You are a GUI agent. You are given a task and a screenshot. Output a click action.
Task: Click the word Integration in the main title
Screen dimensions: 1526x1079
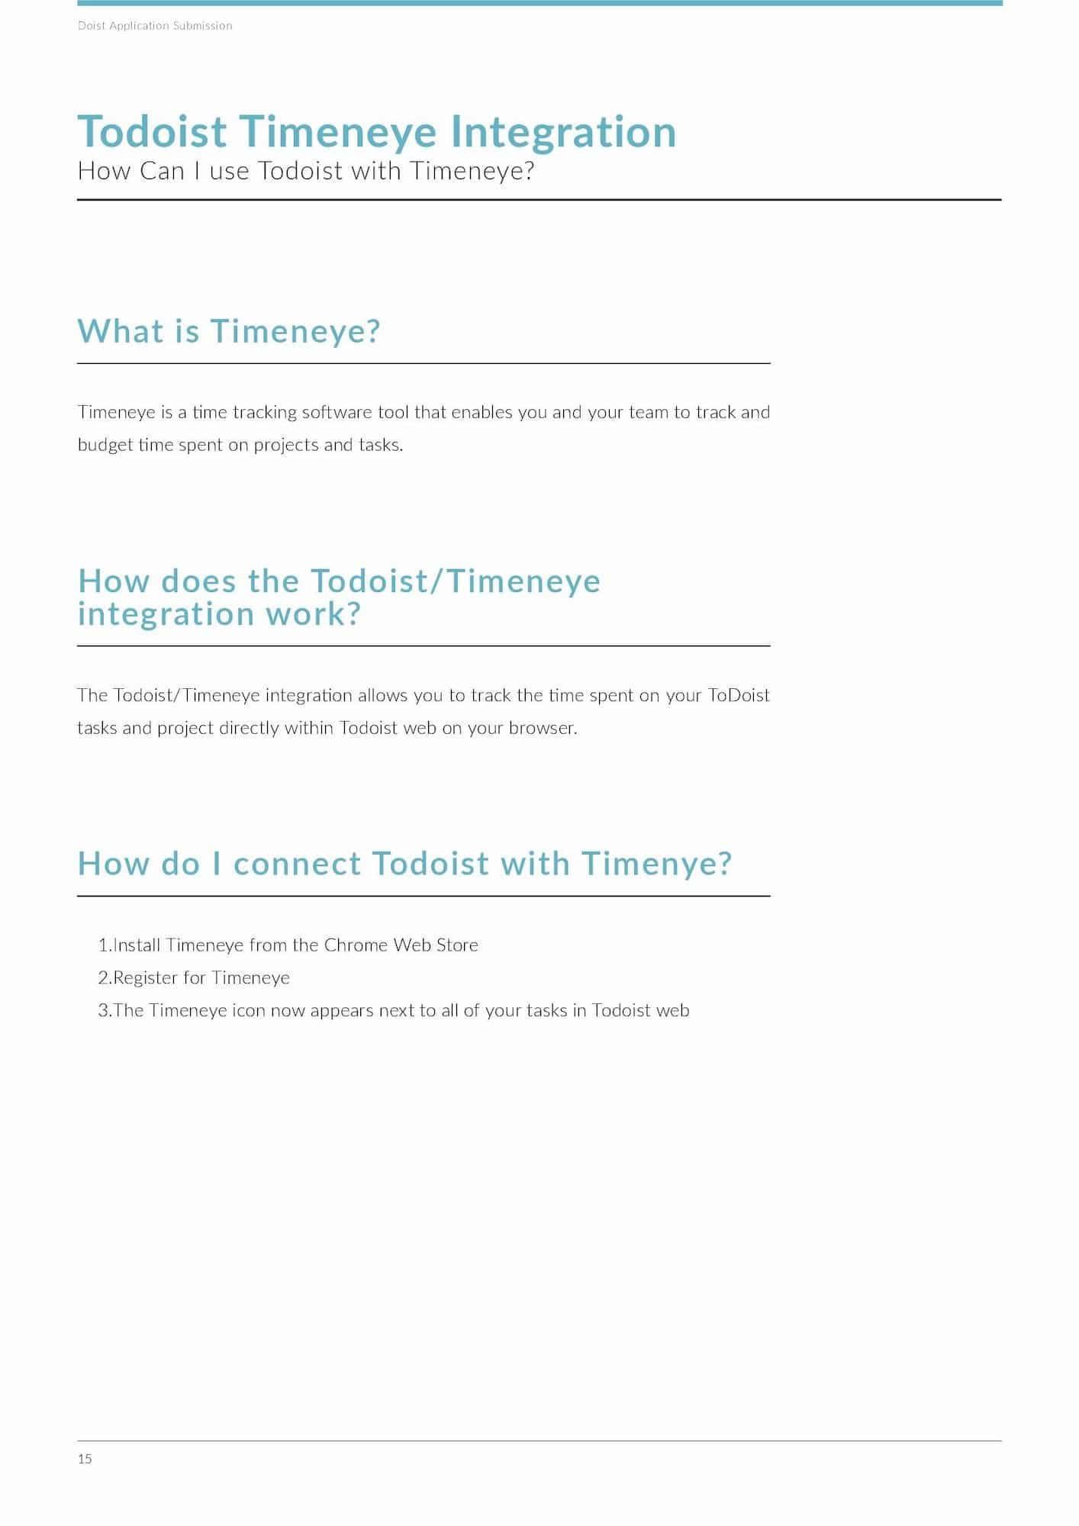pos(563,132)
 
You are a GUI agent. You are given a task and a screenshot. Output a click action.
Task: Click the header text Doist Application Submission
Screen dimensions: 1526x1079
pos(155,26)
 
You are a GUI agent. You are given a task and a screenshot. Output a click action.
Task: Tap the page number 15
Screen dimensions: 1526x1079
pos(85,1459)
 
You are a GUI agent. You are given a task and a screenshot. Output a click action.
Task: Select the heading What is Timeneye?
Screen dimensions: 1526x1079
pos(229,331)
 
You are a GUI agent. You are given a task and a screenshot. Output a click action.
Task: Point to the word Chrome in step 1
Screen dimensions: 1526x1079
pos(356,945)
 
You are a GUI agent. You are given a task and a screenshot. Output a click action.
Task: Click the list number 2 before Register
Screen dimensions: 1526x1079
pos(103,978)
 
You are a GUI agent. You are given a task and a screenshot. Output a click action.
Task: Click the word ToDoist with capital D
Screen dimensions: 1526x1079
pos(739,696)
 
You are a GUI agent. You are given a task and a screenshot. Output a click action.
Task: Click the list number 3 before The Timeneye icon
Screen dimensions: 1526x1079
pos(104,1011)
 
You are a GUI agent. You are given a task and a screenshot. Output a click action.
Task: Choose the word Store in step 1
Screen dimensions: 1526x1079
pos(457,945)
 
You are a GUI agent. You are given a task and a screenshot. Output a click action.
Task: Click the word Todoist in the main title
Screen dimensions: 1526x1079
pos(152,132)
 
